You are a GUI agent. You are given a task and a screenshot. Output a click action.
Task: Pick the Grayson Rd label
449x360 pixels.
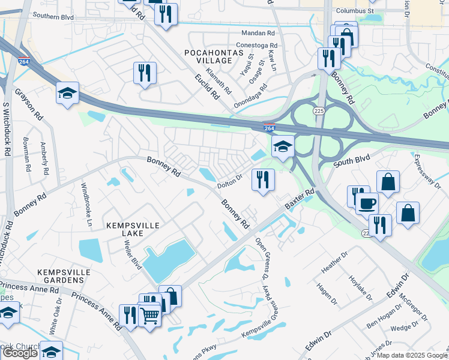click(29, 104)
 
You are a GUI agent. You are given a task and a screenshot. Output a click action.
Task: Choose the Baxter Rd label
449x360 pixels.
click(300, 200)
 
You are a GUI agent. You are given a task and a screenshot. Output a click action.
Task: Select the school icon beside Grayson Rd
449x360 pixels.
click(67, 93)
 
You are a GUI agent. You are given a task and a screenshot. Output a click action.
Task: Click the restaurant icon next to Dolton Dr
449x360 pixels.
click(262, 179)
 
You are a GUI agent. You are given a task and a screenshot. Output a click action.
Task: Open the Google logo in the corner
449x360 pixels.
click(20, 353)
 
